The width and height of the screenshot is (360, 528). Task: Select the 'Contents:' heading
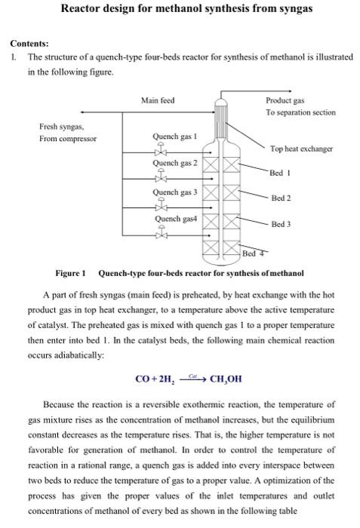pos(29,44)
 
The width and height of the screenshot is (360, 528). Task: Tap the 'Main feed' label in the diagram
pos(157,100)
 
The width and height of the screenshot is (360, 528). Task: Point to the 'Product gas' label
pos(285,100)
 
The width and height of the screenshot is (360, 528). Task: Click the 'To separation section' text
pos(300,112)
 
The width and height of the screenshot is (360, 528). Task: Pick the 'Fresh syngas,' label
pos(61,126)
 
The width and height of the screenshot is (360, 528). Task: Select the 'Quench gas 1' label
pos(175,137)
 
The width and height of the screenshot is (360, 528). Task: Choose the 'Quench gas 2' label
pos(175,163)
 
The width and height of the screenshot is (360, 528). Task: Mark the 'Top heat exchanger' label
pos(301,149)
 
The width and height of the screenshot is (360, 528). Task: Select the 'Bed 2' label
pos(282,198)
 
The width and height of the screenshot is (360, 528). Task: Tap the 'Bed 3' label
pos(282,224)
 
